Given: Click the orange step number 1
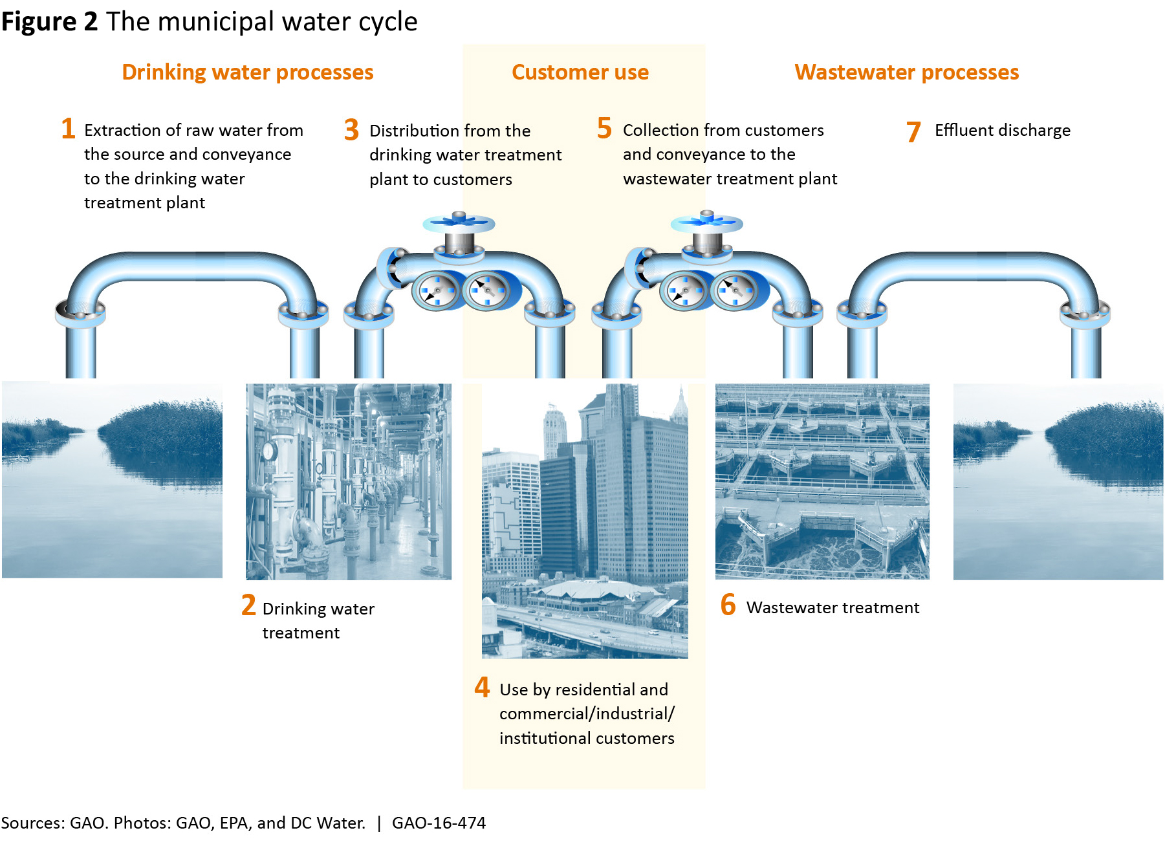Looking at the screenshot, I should [68, 129].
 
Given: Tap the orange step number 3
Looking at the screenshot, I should [351, 130].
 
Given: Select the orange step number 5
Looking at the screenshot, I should [604, 129].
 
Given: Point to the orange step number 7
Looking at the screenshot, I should [913, 132].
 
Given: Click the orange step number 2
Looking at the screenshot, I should [248, 606].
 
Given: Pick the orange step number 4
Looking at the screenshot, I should [482, 688].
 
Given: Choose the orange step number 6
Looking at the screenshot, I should [728, 605].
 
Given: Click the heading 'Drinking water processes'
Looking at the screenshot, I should [247, 72].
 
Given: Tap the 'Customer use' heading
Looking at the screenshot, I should [580, 72].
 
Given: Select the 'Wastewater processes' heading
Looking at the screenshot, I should [906, 72].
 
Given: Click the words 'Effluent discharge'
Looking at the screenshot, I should [1002, 131].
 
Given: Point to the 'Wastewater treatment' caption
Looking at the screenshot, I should [833, 608].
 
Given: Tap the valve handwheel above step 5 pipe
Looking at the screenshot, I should [706, 223].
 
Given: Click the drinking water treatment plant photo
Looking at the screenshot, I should [349, 481].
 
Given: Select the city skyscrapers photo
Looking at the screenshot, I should [585, 521].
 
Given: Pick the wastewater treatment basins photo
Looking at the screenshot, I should [822, 481].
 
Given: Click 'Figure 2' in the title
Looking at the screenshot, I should [49, 22].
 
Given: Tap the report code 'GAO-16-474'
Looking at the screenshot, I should [439, 823].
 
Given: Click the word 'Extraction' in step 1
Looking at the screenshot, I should [123, 131].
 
